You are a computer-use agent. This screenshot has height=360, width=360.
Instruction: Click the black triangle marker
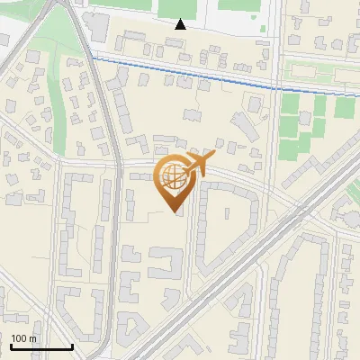coord(181,24)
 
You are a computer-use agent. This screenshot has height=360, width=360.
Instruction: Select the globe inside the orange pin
coord(175,179)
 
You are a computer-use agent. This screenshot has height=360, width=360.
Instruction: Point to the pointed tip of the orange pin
coord(175,212)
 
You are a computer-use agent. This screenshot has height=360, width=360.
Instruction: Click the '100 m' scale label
coord(23,338)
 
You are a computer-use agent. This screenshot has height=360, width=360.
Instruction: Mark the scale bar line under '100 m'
coord(41,346)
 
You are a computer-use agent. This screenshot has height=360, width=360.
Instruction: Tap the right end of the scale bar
coord(72,346)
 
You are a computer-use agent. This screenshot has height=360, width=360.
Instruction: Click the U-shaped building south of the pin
coord(164,264)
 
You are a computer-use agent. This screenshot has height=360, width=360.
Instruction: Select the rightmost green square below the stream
coord(345,108)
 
